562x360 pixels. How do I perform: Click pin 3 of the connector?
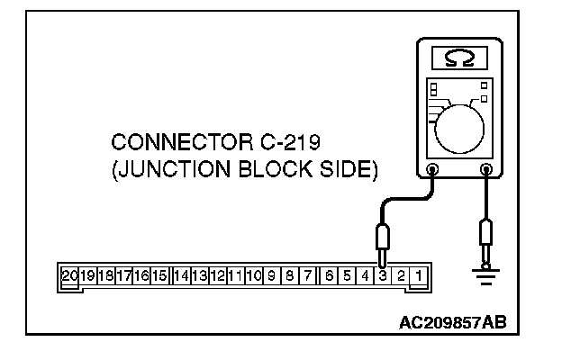click(x=384, y=274)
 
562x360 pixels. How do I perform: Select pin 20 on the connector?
click(x=69, y=274)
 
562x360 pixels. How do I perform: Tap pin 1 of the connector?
click(x=420, y=274)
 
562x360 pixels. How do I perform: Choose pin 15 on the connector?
click(x=159, y=274)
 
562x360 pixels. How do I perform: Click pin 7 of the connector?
click(x=308, y=274)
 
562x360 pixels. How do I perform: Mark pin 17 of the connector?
click(x=123, y=274)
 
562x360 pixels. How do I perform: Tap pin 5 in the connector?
click(x=348, y=274)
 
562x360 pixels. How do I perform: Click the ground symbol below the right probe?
click(x=488, y=278)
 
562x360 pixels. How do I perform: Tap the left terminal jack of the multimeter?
click(x=433, y=167)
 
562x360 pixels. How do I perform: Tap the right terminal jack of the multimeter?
click(x=487, y=167)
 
